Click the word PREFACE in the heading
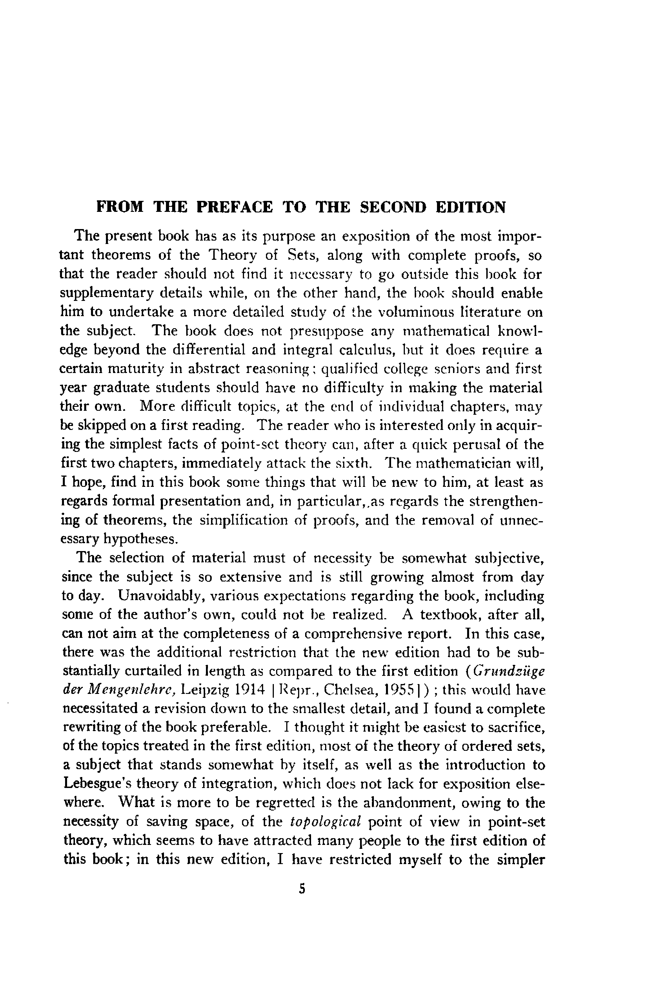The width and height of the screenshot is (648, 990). click(x=235, y=207)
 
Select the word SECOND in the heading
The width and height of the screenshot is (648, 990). click(x=393, y=207)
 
